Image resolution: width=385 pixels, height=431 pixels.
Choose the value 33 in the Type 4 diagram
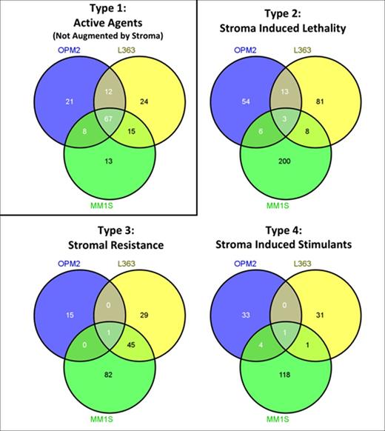[242, 313]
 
